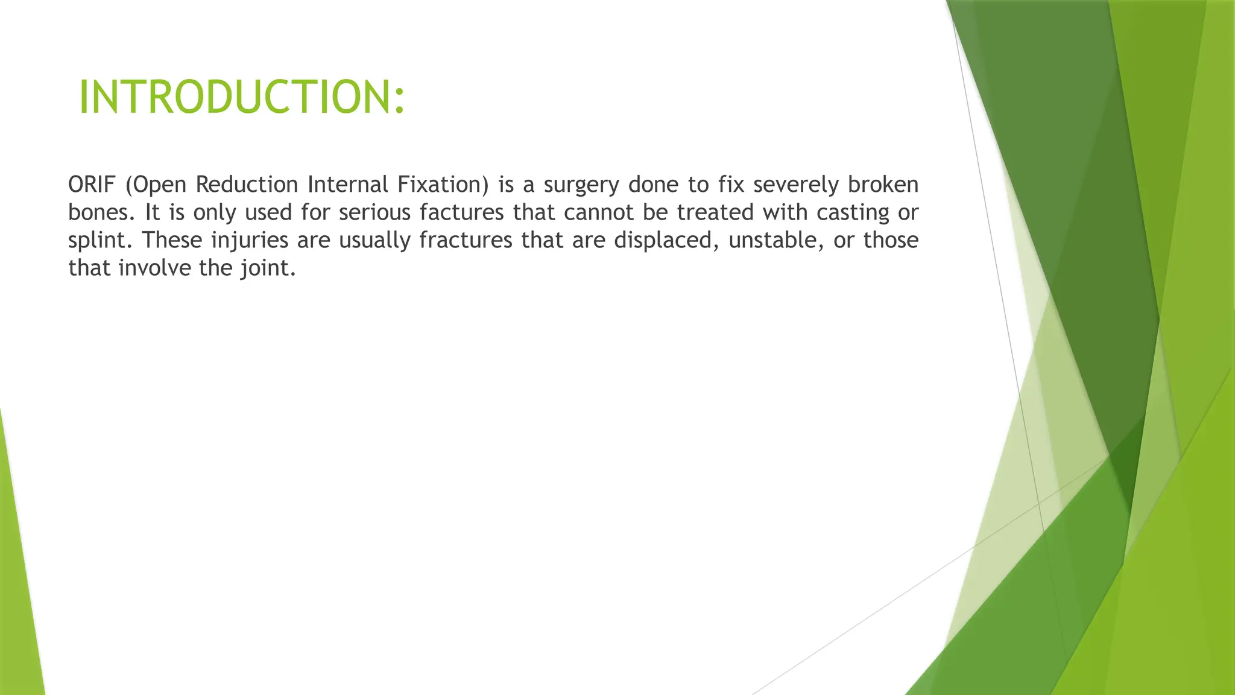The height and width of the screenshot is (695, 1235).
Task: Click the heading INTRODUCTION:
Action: click(242, 97)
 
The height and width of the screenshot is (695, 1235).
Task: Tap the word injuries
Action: click(250, 241)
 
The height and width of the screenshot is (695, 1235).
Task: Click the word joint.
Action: click(268, 268)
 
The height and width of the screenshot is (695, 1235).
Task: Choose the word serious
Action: click(374, 212)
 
